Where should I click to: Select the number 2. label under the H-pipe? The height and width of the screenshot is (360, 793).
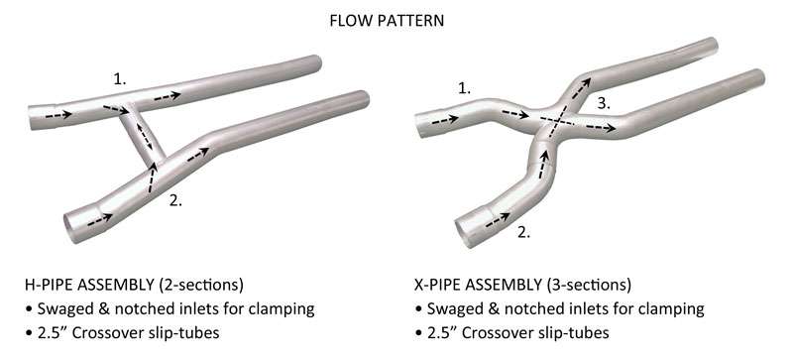[x=174, y=199]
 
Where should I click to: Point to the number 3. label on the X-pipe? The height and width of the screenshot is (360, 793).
[x=602, y=102]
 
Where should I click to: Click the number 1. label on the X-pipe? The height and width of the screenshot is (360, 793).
[x=463, y=88]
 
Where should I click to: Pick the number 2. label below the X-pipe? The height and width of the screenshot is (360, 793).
[x=522, y=234]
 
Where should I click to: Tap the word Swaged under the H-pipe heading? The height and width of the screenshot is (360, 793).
[x=68, y=308]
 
